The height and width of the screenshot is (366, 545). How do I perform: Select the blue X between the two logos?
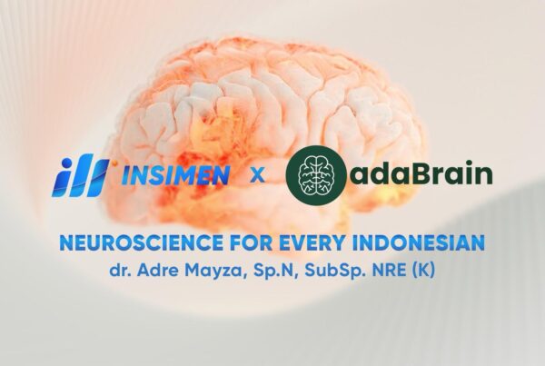pos(258,174)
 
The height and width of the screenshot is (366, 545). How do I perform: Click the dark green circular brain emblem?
pos(316,173)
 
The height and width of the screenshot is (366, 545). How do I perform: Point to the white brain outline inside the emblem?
pos(316,172)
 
